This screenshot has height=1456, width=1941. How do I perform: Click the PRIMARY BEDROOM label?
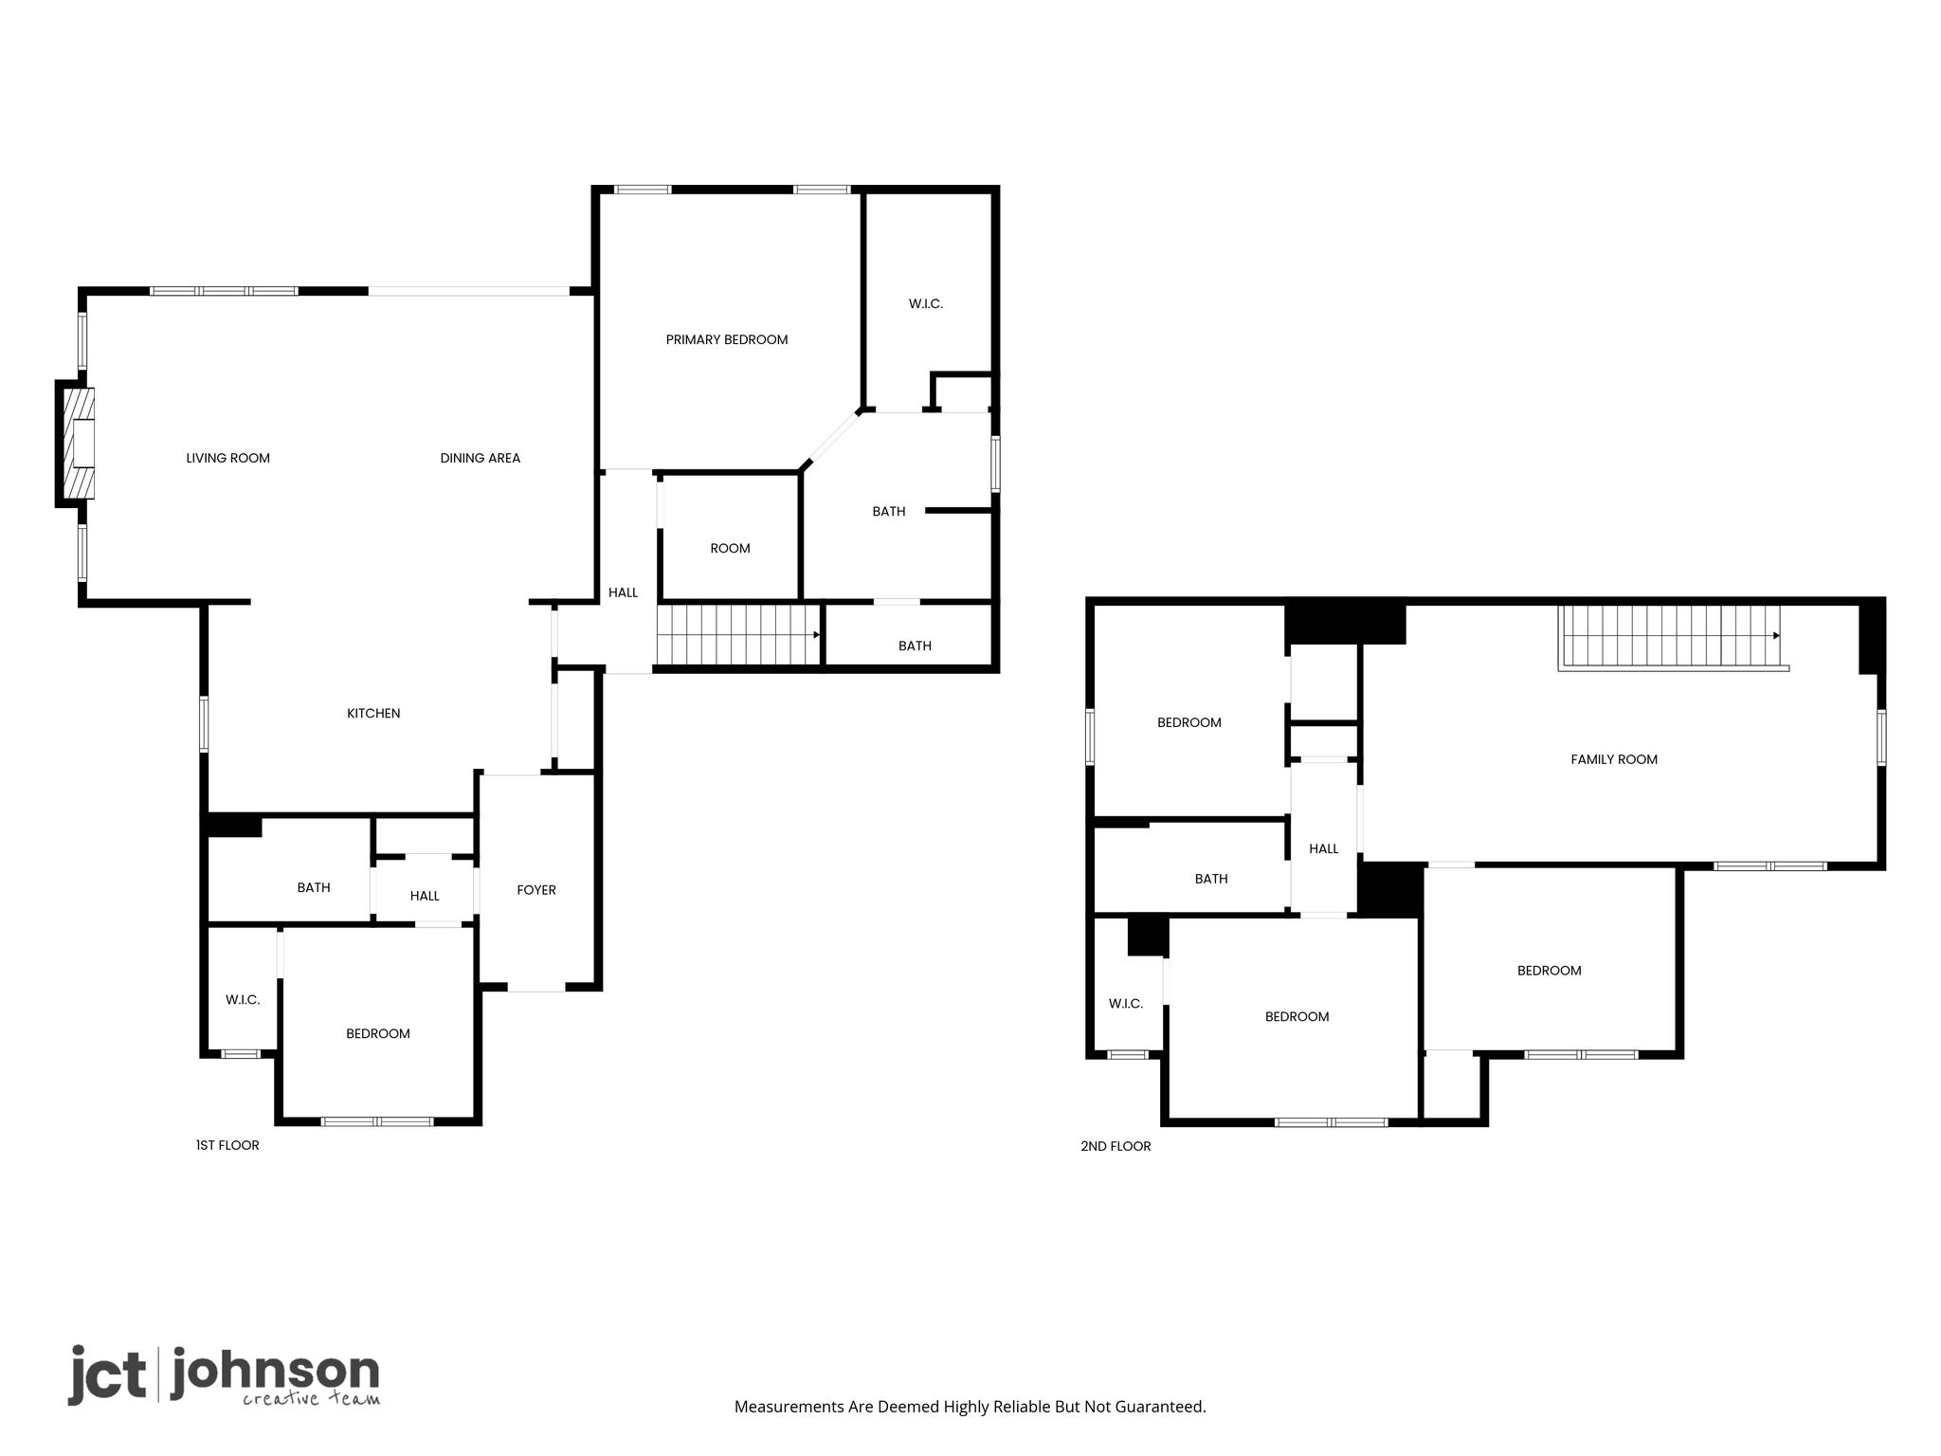tap(727, 339)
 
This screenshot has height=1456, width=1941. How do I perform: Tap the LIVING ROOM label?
tap(227, 458)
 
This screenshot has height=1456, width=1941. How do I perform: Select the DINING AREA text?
tap(480, 458)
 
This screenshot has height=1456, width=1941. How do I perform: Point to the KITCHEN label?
tap(373, 713)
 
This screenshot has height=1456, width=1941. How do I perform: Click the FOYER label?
tap(536, 889)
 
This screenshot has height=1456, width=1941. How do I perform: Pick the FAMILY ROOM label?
tap(1614, 759)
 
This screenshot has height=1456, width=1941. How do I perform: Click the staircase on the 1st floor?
tap(738, 634)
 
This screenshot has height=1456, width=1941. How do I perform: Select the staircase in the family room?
tap(1673, 638)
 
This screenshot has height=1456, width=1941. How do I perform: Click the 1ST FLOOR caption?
tap(227, 1145)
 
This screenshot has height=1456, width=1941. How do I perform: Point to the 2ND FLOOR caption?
tap(1116, 1146)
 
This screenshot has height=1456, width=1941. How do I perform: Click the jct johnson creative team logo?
tap(224, 1374)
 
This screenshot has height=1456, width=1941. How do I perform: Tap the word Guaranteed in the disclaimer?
tap(1159, 1407)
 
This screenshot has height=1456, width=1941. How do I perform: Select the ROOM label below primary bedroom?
tap(730, 548)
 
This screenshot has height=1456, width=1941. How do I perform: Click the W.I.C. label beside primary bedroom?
tap(926, 303)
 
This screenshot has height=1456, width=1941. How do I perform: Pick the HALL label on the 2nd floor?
tap(1324, 848)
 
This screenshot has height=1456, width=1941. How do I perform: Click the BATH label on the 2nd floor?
tap(1211, 879)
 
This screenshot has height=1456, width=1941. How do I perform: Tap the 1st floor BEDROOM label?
tap(377, 1033)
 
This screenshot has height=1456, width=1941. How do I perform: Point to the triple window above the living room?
tap(224, 291)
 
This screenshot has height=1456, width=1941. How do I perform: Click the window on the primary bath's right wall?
tap(995, 464)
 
